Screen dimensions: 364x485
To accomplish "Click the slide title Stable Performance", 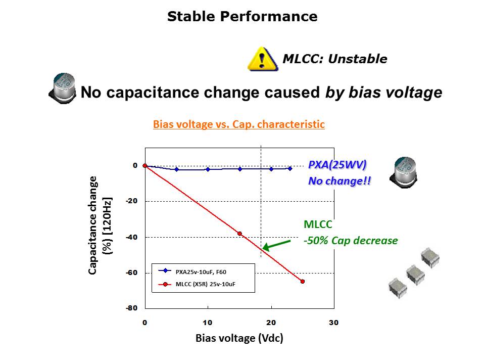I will pyautogui.click(x=242, y=17).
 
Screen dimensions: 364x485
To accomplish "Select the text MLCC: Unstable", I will pyautogui.click(x=334, y=59).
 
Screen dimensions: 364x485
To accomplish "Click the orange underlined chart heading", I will pyautogui.click(x=239, y=124).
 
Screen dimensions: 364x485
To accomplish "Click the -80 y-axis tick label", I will pyautogui.click(x=131, y=308).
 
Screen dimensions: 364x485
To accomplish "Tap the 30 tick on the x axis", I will pyautogui.click(x=333, y=323).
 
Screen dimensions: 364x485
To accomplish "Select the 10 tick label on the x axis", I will pyautogui.click(x=208, y=323).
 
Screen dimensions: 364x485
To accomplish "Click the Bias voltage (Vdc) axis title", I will pyautogui.click(x=239, y=338).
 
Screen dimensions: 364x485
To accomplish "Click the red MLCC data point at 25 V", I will pyautogui.click(x=303, y=282).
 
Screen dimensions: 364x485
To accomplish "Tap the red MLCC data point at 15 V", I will pyautogui.click(x=239, y=234).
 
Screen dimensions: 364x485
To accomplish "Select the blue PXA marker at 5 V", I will pyautogui.click(x=176, y=169).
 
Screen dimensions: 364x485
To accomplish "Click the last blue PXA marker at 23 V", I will pyautogui.click(x=290, y=168).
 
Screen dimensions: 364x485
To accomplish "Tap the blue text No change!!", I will pyautogui.click(x=339, y=181).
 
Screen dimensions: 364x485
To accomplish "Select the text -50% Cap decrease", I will pyautogui.click(x=351, y=241).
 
